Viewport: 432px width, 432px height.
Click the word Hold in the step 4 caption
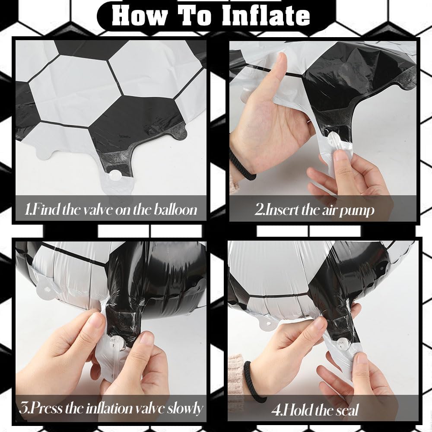tap(297, 410)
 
